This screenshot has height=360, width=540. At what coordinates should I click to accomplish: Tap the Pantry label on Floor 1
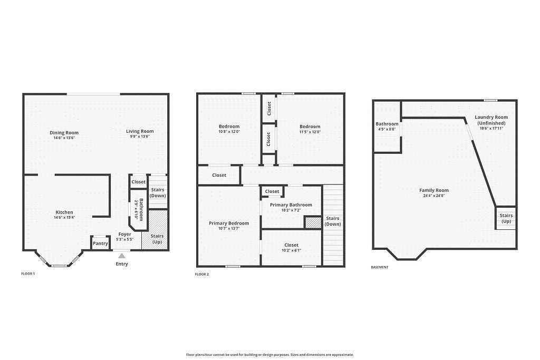click(100, 244)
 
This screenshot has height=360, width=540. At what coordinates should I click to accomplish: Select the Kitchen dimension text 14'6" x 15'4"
click(64, 217)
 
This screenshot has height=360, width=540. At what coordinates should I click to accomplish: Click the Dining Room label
click(64, 132)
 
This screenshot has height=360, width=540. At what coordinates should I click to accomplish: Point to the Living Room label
click(140, 131)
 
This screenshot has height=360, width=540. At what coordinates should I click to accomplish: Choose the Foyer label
click(125, 234)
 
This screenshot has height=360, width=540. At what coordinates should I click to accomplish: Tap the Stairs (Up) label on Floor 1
click(157, 239)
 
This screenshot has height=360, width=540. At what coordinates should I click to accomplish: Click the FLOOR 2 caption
click(202, 274)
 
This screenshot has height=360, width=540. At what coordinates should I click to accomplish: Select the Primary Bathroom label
click(291, 205)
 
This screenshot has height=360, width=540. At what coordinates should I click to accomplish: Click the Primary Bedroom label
click(229, 223)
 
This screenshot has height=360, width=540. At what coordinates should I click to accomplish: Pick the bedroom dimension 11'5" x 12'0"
click(310, 132)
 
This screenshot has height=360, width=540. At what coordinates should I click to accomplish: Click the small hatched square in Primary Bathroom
click(313, 222)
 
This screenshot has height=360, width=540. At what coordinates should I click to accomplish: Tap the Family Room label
click(434, 190)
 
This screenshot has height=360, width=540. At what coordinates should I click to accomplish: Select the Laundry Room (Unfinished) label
click(491, 120)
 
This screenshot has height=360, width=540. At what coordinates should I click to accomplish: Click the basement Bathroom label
click(387, 124)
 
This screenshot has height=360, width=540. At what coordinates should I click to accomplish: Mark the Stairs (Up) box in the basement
click(506, 218)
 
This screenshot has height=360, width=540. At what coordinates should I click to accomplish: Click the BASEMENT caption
click(380, 267)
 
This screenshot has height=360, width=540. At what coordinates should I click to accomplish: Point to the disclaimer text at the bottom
click(270, 355)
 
